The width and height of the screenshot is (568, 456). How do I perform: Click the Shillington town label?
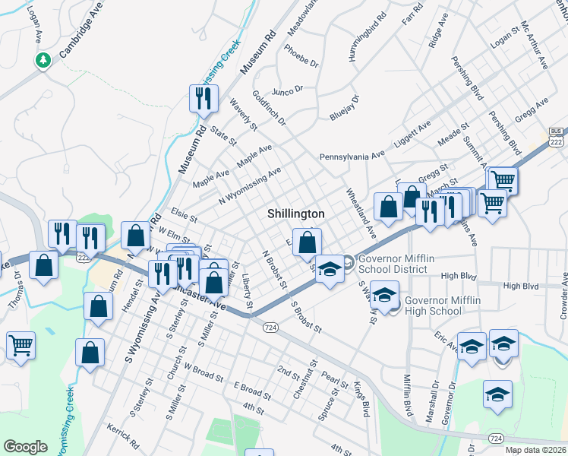point(296,214)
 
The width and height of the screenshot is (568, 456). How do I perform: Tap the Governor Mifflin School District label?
point(396,264)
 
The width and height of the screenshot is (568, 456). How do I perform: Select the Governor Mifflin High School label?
point(444,305)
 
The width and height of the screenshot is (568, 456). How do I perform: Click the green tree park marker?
point(43,60)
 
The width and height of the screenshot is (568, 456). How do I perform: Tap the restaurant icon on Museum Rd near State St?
point(204,98)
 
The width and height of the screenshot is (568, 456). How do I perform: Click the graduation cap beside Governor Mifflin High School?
point(385,296)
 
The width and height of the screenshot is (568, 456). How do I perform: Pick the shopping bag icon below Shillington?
point(307,242)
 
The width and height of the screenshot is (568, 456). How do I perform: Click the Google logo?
point(25,446)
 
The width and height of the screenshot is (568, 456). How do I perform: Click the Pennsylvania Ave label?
point(352,156)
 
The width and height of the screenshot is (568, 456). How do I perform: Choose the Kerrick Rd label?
point(124,435)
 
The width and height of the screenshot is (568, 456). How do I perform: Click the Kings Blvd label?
point(361,404)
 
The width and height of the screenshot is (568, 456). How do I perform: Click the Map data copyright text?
point(535,450)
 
